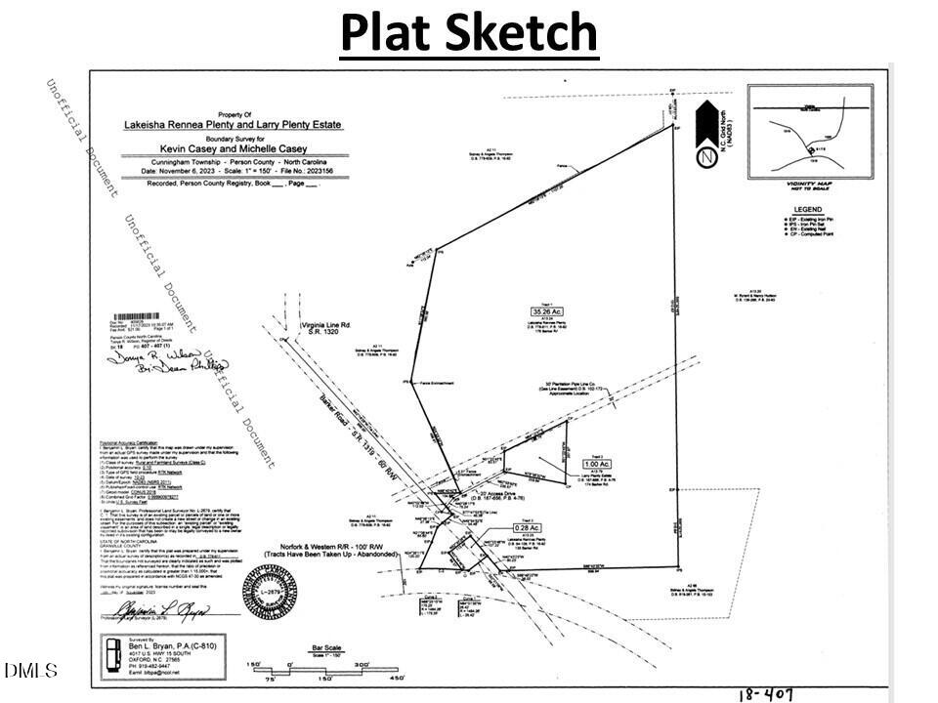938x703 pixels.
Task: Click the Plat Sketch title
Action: pyautogui.click(x=469, y=32)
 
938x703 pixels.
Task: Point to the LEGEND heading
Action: pyautogui.click(x=807, y=209)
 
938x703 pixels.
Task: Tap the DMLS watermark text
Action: pyautogui.click(x=30, y=671)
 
